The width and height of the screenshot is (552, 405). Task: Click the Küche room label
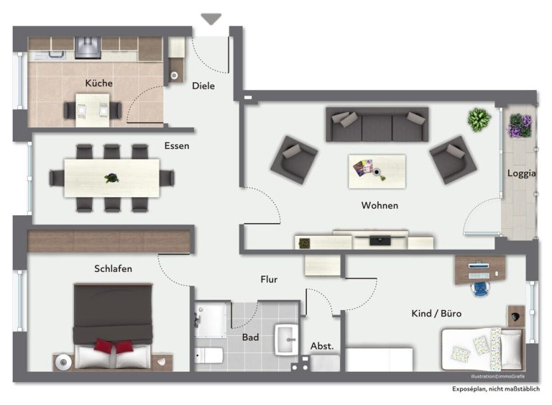[x=99, y=83]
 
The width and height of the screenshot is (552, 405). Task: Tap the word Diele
[x=203, y=86]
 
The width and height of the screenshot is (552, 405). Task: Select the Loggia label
[x=521, y=173]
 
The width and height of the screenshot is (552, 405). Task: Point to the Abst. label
[x=322, y=346]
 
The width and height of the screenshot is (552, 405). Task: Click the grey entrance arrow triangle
[x=211, y=19]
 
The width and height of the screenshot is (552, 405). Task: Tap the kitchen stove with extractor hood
[x=88, y=47]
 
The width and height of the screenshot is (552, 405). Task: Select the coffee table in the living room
[x=377, y=171]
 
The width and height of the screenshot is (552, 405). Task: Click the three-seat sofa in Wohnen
[x=377, y=124]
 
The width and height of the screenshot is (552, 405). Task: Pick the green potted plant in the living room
[x=479, y=119]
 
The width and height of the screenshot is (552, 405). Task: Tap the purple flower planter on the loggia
[x=520, y=126]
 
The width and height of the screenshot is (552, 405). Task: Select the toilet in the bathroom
[x=208, y=355]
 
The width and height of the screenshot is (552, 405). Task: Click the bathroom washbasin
[x=287, y=340]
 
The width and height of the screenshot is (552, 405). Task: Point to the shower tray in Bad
[x=211, y=319]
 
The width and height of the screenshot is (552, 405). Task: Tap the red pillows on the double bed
[x=114, y=346]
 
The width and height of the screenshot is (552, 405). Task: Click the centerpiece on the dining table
[x=112, y=178]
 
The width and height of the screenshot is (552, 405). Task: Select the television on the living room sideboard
[x=379, y=240]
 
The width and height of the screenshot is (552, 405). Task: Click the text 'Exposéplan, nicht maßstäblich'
[x=496, y=389]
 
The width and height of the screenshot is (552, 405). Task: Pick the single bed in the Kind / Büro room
[x=482, y=349]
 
